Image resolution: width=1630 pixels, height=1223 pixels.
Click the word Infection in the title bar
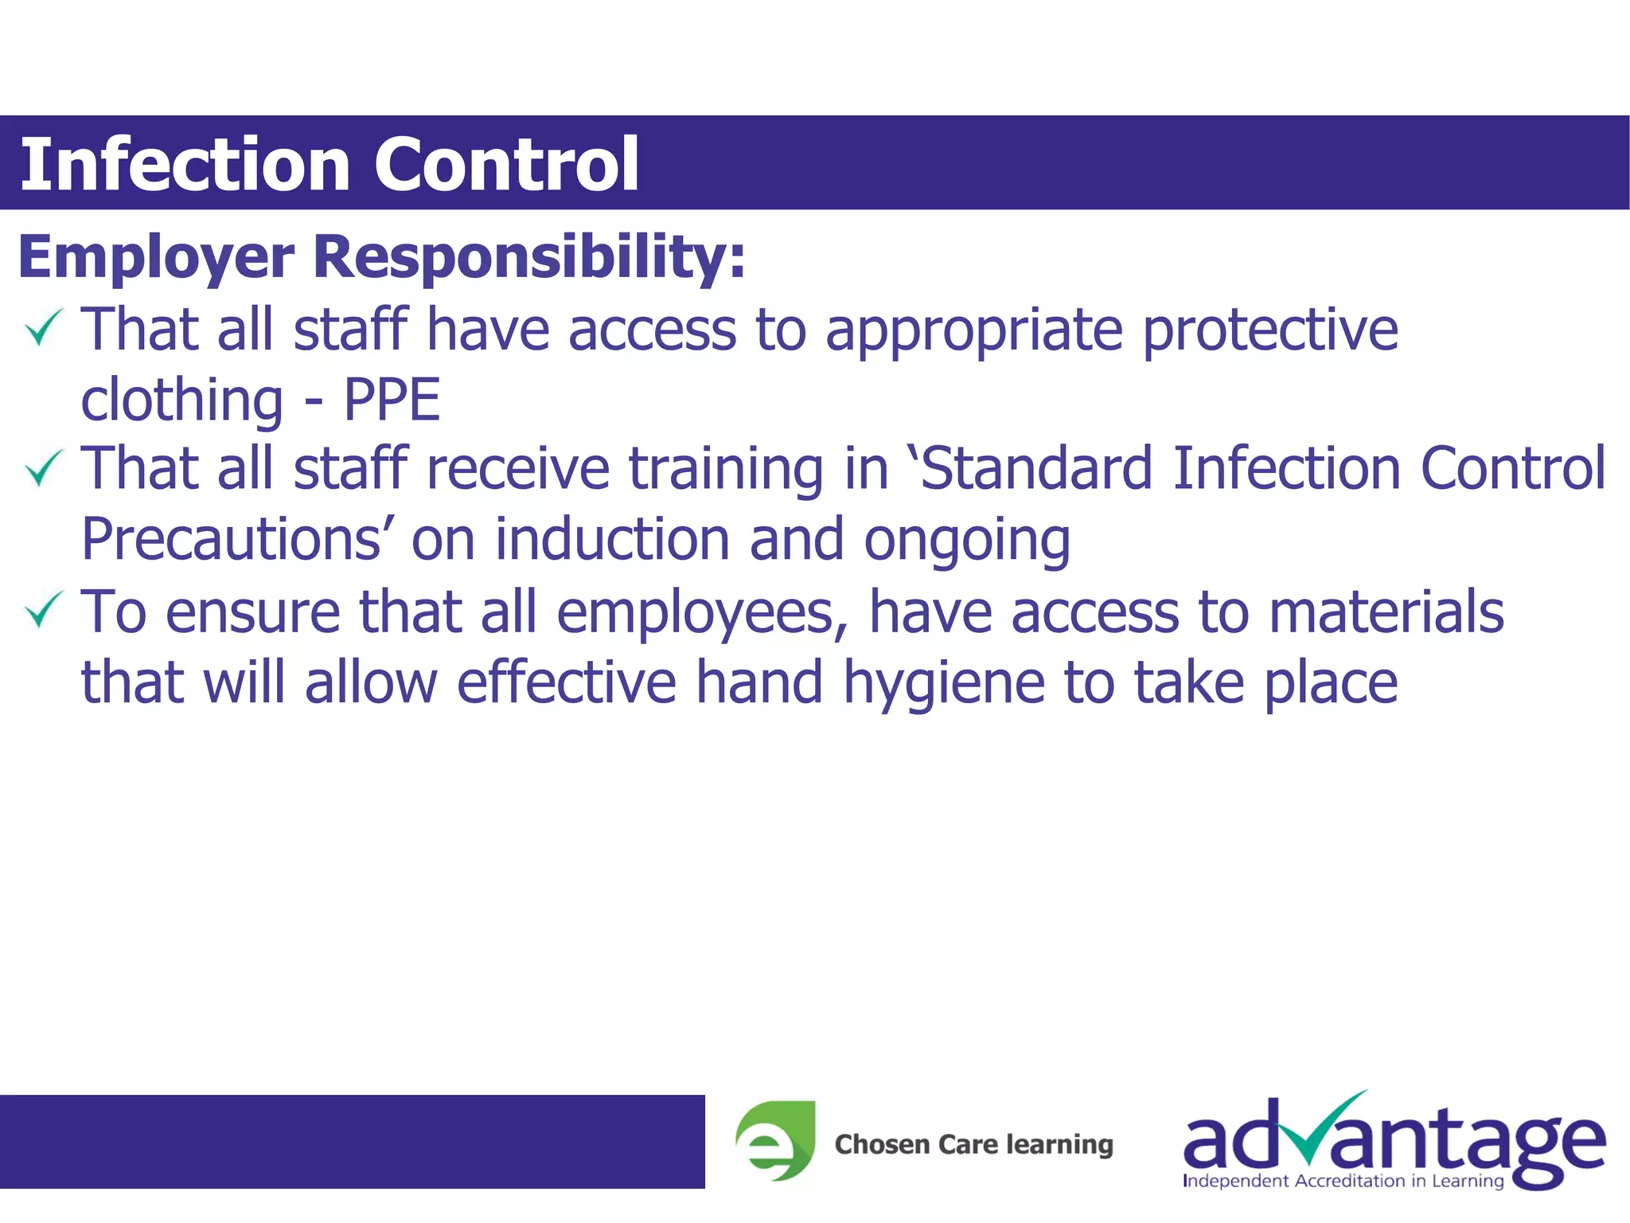click(185, 164)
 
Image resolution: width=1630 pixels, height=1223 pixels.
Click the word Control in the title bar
click(506, 164)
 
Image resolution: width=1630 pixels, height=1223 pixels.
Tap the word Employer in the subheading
click(156, 257)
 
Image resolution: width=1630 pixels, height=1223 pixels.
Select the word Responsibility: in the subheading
click(529, 257)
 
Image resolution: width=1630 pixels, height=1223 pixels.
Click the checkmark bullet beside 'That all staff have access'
click(43, 328)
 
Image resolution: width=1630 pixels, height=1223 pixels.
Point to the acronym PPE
click(392, 400)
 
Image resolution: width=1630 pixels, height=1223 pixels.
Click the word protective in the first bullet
click(1270, 330)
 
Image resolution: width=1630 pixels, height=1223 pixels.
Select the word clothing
click(181, 400)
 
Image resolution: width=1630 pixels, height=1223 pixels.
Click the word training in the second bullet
click(726, 469)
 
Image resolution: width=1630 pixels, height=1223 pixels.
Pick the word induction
click(612, 540)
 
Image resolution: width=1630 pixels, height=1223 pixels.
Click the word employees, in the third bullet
click(702, 612)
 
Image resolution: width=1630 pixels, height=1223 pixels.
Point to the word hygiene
click(943, 683)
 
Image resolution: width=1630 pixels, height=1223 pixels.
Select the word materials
click(1386, 612)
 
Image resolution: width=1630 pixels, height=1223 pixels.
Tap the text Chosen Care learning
click(973, 1144)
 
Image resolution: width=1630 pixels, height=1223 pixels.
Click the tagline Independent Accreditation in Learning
click(1343, 1181)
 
